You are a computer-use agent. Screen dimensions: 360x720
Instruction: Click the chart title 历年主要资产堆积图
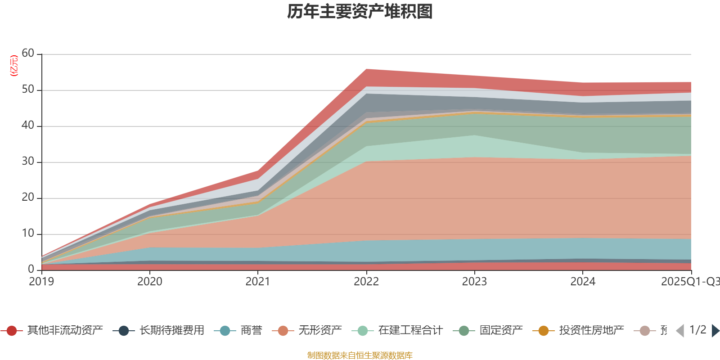coord(360,12)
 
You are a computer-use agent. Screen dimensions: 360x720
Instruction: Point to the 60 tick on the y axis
coord(28,54)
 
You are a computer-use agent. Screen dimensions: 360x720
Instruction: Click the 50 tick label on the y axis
coord(28,90)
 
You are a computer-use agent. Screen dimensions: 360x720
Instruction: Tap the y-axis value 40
coord(28,126)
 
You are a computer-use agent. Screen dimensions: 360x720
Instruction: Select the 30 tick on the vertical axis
coord(28,162)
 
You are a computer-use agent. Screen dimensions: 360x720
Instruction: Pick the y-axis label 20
coord(28,198)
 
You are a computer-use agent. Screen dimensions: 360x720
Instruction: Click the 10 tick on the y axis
coord(28,234)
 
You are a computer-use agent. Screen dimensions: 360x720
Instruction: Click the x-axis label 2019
coord(41,282)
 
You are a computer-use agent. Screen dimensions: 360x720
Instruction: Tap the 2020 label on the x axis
coord(150,282)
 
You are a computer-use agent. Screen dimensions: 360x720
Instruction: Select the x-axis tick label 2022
coord(366,282)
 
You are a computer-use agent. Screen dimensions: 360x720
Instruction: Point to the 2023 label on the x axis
coord(474,282)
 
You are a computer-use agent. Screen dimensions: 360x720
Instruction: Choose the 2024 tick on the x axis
coord(583,282)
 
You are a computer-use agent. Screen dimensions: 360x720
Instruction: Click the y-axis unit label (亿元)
coord(14,66)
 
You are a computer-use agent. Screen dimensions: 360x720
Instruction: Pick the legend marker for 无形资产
coord(283,331)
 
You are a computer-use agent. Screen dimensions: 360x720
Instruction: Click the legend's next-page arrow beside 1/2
coord(715,331)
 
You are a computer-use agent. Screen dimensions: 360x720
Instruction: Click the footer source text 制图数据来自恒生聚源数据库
coord(360,355)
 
